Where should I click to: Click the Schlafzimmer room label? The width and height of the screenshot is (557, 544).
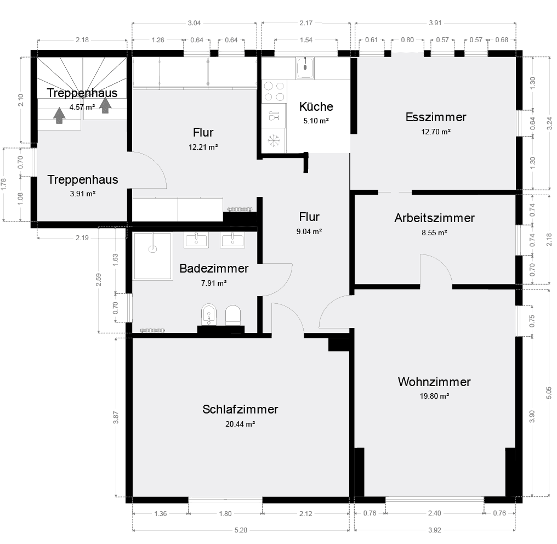click(240, 409)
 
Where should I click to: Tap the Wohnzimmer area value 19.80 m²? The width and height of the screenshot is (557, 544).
click(434, 396)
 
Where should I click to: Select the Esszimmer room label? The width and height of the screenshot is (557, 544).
click(436, 117)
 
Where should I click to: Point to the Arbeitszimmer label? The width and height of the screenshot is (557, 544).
click(434, 218)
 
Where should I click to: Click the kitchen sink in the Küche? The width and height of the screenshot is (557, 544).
click(304, 68)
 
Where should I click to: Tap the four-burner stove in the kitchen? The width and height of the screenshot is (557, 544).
click(274, 92)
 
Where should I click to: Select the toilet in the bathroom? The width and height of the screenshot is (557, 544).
click(233, 315)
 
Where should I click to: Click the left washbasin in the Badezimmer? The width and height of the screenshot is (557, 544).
click(196, 240)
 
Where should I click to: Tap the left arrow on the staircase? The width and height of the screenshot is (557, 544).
click(59, 116)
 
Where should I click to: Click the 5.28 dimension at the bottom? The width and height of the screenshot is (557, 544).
click(241, 530)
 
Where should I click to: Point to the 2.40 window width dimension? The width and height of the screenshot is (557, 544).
click(434, 514)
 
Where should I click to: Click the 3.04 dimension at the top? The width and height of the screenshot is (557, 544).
click(194, 23)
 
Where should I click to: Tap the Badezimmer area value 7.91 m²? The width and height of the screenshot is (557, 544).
click(214, 283)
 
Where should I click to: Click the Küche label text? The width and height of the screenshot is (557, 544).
click(316, 106)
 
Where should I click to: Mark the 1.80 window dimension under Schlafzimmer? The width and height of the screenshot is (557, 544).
click(225, 514)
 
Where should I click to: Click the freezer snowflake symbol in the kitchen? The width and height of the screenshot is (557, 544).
click(272, 140)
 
